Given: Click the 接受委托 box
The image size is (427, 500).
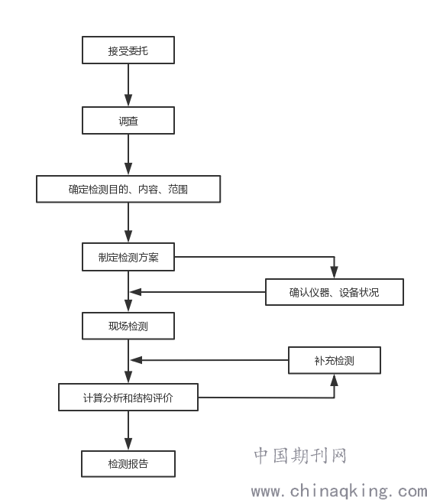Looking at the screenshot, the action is (128, 50).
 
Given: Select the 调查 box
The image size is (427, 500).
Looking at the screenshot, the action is (128, 121).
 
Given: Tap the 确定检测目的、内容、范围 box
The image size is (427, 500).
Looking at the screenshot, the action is (128, 189).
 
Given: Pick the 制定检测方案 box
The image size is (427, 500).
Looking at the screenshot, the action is (128, 257).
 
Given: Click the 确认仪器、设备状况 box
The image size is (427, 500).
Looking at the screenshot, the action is (335, 292).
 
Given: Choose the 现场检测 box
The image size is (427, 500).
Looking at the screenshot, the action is (128, 326).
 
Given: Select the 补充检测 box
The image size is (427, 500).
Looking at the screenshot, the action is (335, 360).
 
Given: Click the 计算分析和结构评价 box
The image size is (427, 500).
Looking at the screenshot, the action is (128, 398).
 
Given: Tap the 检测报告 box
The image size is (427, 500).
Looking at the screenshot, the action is (128, 463).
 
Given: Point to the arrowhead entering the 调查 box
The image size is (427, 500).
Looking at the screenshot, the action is (128, 100).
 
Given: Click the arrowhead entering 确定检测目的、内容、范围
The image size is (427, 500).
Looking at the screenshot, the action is (128, 169).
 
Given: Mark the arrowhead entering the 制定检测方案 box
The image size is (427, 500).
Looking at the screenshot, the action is (128, 236).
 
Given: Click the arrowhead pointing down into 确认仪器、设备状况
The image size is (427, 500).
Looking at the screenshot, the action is (335, 272).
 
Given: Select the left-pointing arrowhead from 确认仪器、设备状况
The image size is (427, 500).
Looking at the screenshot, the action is (136, 292).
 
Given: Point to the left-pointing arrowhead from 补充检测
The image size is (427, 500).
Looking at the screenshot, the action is (137, 360).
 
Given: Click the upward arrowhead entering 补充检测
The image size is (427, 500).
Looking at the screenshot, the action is (335, 380).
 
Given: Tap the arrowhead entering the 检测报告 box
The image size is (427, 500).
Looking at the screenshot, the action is (128, 444).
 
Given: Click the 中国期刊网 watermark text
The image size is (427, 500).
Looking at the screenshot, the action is (300, 456).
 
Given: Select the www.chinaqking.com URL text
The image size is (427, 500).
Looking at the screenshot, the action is (338, 491).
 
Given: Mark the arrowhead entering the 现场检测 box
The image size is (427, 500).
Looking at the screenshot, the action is (128, 306).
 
